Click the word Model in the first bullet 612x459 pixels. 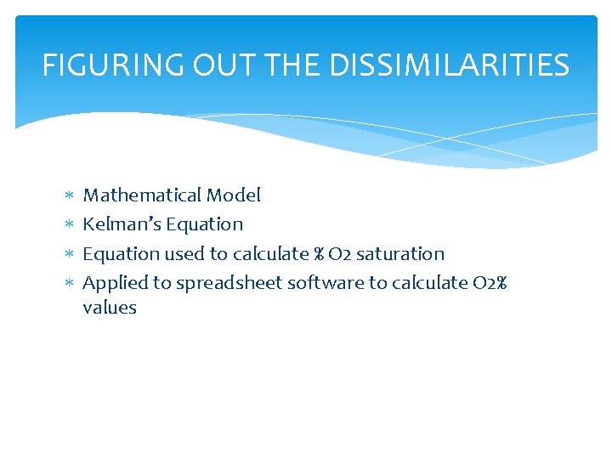[x=235, y=195]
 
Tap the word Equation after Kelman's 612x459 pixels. [x=205, y=224]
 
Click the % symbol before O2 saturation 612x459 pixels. [x=320, y=253]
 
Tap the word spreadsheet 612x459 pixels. [x=229, y=282]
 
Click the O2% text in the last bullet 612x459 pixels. [x=490, y=282]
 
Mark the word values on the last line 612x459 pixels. [x=110, y=308]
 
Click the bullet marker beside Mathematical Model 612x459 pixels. [x=68, y=196]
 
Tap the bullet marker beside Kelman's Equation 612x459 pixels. [x=68, y=225]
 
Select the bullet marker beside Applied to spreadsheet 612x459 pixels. [x=68, y=283]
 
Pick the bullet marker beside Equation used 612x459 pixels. [x=68, y=254]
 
